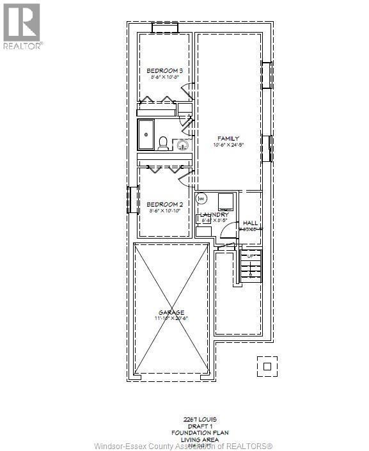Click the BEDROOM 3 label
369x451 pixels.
[x=165, y=70]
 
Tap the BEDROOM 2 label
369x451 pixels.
[x=165, y=205]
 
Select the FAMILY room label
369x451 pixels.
[x=228, y=138]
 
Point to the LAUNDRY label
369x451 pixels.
[x=214, y=215]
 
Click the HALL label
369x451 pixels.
[x=251, y=222]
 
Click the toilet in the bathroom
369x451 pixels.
[x=163, y=143]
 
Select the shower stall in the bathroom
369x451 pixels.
[x=146, y=134]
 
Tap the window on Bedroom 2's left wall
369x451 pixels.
[x=134, y=200]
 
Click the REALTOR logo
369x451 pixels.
[x=22, y=26]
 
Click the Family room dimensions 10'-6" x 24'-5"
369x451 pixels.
[x=228, y=145]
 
